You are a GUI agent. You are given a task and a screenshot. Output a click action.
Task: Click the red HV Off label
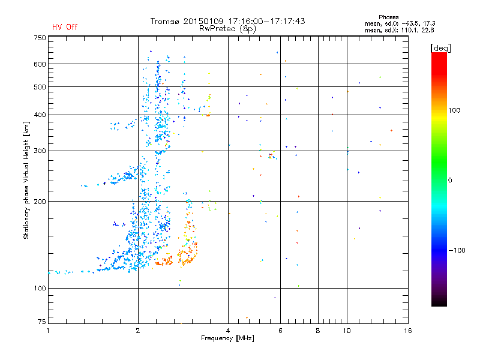tap(64, 27)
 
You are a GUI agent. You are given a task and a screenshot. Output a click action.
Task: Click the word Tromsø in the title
tap(166, 21)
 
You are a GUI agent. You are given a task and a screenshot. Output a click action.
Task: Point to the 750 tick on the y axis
tap(40, 38)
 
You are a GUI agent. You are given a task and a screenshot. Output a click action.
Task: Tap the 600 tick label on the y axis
tap(40, 64)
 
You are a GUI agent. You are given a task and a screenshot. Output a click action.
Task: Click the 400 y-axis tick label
tap(40, 115)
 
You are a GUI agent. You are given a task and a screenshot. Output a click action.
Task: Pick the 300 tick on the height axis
tap(40, 151)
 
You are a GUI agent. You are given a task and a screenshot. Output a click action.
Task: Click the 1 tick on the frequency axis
tap(48, 330)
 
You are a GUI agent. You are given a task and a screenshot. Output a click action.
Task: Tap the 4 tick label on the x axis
tap(228, 330)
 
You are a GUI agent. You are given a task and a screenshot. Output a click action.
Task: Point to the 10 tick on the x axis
tap(346, 330)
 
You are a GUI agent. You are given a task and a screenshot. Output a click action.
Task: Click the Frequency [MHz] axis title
tap(227, 338)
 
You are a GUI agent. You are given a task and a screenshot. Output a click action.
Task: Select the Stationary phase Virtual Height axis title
tap(26, 180)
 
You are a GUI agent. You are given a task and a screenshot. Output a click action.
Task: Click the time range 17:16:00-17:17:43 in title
tap(265, 21)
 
